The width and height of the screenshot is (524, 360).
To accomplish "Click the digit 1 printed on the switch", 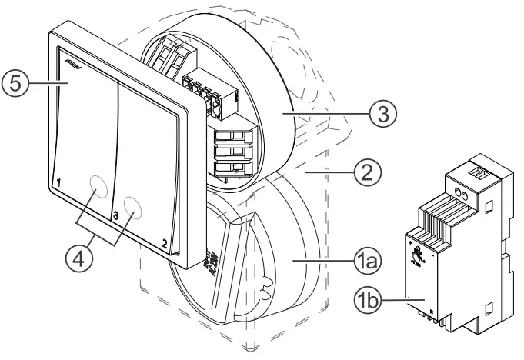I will pyautogui.click(x=58, y=183).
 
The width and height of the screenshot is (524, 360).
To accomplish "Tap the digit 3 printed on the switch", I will pyautogui.click(x=114, y=217).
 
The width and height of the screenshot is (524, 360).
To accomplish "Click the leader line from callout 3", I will pyautogui.click(x=323, y=112).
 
